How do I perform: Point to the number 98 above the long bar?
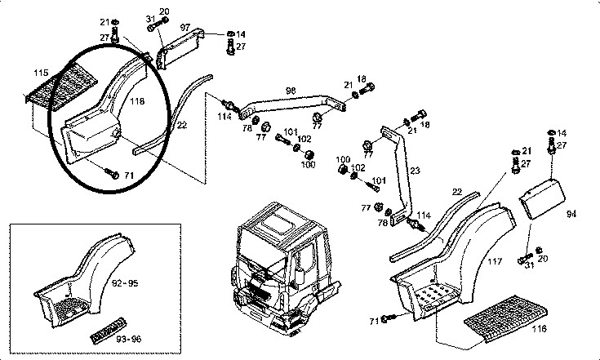pyautogui.click(x=291, y=90)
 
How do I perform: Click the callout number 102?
pyautogui.click(x=304, y=140)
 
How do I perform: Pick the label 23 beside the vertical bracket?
pyautogui.click(x=415, y=171)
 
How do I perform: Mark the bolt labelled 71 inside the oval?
pyautogui.click(x=113, y=174)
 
